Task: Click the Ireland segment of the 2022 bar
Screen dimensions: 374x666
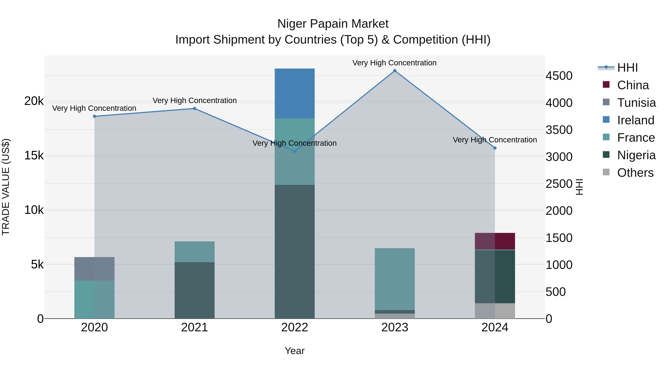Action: [x=295, y=93]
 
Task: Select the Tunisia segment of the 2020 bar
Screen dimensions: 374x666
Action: [x=94, y=269]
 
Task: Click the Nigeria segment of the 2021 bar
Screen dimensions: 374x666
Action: [x=194, y=290]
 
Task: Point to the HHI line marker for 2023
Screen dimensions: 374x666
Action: [x=395, y=71]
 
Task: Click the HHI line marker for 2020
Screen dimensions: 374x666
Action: [x=94, y=116]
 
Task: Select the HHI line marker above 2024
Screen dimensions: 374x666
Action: [x=495, y=148]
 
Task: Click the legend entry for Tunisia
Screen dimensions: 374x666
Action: [x=636, y=103]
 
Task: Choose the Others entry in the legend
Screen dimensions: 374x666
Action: [x=635, y=173]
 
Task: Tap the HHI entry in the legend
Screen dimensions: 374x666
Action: [x=628, y=68]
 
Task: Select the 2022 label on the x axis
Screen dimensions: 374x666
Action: [x=295, y=327]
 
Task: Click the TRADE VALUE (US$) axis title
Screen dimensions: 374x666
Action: [x=6, y=187]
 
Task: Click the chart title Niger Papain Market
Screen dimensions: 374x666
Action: [x=333, y=24]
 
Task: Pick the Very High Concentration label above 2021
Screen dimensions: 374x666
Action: [x=194, y=100]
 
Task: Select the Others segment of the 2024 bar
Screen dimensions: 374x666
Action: [x=495, y=311]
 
